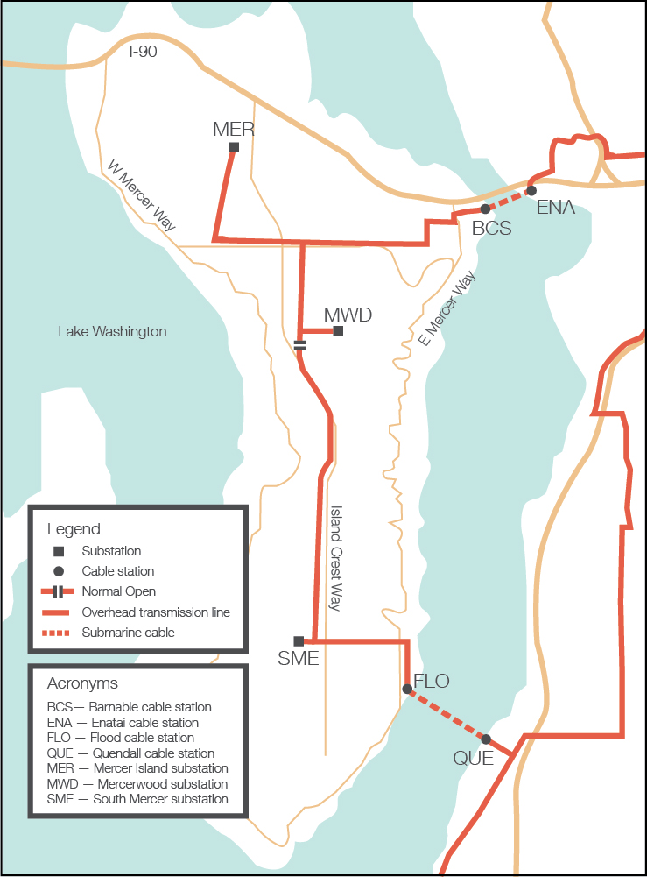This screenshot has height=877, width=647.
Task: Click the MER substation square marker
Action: (234, 147)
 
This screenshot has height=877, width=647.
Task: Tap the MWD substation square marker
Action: (338, 331)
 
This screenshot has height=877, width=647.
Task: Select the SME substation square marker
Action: (299, 640)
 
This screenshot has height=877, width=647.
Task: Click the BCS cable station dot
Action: (485, 209)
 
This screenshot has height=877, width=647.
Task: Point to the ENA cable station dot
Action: (531, 190)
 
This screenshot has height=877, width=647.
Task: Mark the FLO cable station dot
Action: (407, 690)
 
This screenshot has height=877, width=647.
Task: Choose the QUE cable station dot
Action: (486, 739)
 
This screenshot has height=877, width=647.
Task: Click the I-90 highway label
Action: (144, 52)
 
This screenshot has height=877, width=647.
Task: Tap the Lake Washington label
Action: (112, 331)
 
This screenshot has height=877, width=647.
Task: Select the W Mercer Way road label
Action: (142, 195)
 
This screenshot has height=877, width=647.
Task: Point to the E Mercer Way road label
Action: (447, 308)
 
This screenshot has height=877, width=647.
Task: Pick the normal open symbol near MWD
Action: (300, 345)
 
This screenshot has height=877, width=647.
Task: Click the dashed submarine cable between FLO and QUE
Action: (447, 715)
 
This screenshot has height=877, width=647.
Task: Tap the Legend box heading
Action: (74, 529)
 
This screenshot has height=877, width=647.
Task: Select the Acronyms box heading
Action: (83, 683)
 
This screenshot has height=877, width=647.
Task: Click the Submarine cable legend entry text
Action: (128, 633)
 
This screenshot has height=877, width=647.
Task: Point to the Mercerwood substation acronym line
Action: (137, 784)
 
